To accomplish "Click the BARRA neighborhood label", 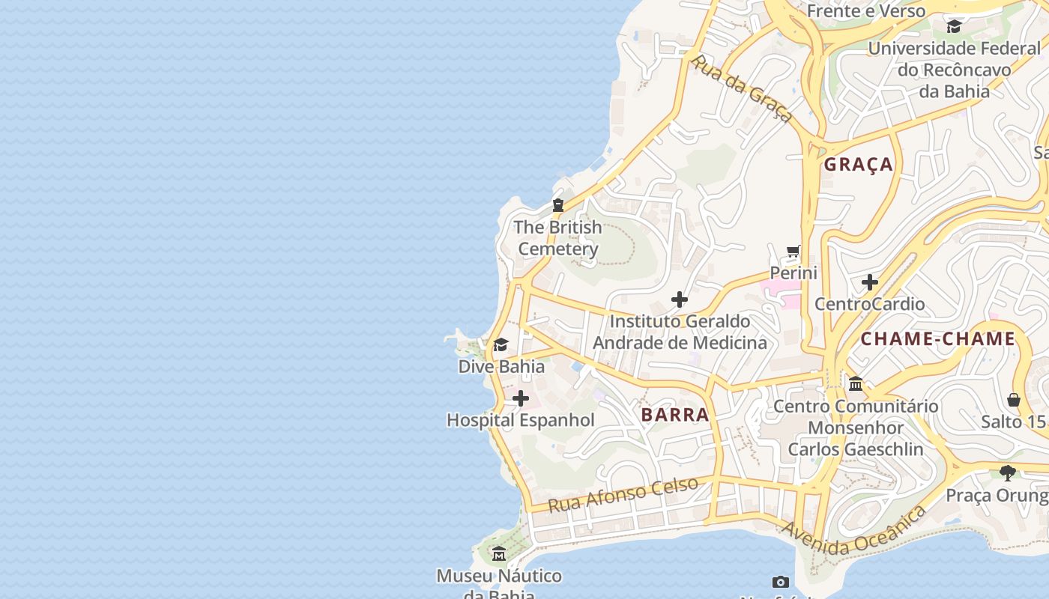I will tap(675, 415).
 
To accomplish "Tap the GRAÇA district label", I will tap(859, 165).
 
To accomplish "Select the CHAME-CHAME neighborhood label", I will tap(937, 339).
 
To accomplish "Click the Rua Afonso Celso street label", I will tap(623, 494).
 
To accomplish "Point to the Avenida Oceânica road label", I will tap(854, 532).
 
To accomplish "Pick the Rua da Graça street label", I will tap(742, 88).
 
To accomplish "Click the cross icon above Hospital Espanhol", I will tap(521, 398).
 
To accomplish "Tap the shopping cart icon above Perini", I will tap(793, 251).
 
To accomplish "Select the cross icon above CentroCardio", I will tap(870, 282).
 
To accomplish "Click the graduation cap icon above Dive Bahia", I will tap(501, 344).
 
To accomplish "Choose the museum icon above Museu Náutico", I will tap(499, 554).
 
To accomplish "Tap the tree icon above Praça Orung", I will tap(1008, 473).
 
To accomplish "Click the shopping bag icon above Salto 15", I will tap(1014, 399).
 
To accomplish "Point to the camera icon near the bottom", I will tap(781, 582).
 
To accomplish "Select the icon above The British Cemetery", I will tap(558, 204).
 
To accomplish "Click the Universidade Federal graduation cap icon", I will tap(954, 27).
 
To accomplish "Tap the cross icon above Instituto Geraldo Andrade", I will tap(680, 299).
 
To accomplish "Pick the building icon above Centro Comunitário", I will tap(856, 384).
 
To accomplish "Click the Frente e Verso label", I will tap(865, 11).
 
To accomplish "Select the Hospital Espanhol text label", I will tap(521, 421).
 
